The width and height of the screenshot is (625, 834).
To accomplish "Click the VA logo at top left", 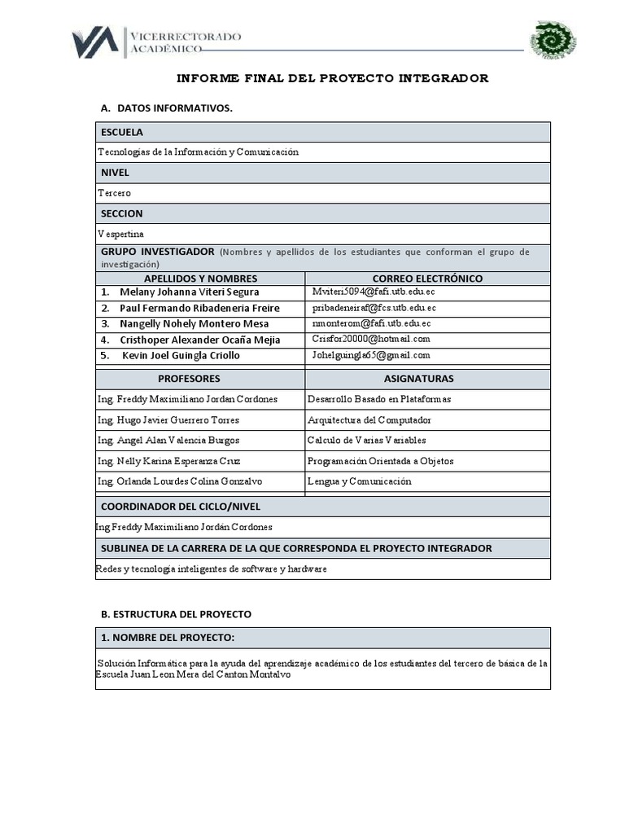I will pos(95,42).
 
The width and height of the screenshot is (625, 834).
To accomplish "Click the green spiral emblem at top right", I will pos(553,40).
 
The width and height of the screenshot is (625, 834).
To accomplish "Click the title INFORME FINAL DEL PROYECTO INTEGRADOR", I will pos(333,78).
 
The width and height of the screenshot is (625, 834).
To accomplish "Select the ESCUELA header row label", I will pos(122,132).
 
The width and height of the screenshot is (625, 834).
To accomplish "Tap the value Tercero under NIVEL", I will pos(114,193).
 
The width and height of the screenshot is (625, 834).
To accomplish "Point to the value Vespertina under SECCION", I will pos(120,234).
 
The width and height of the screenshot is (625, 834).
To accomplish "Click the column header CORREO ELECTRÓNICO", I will pos(427,279).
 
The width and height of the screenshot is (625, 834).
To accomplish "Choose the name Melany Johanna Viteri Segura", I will pos(189,292).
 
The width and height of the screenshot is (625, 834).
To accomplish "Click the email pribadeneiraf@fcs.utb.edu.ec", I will pos(374,308).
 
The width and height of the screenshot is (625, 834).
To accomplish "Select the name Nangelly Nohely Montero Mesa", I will pos(194,323).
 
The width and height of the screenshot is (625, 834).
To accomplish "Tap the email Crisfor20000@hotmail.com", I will pos(371,339).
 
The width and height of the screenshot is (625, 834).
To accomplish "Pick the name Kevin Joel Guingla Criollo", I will pos(181,355).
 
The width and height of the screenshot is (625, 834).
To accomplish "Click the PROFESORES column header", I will pos(189,379).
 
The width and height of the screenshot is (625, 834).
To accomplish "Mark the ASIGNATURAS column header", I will pos(418,379).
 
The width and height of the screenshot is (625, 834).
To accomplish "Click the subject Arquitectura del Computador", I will pos(369,420).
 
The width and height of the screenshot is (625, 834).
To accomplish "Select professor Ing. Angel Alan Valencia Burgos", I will pos(168,441).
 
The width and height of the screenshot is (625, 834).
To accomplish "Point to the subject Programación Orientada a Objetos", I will pos(380,461).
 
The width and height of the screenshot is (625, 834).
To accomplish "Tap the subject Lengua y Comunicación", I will pos(359,481).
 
